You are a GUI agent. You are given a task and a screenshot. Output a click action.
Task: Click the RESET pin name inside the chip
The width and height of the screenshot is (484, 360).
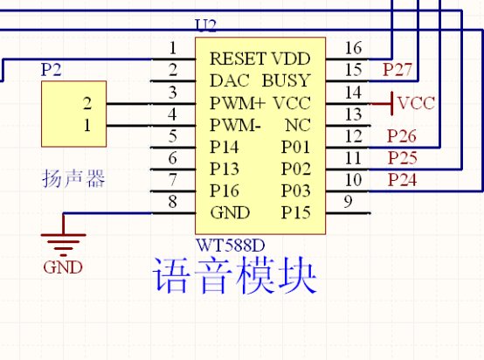click(x=238, y=59)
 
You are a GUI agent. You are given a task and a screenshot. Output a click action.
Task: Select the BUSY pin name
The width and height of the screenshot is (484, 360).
click(x=286, y=80)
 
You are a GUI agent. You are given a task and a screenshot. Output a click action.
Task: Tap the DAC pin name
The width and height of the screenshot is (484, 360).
click(x=230, y=80)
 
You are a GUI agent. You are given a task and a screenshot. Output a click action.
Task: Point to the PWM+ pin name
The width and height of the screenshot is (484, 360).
click(x=238, y=103)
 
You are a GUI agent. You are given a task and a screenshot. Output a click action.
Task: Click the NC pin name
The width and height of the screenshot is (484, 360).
click(x=298, y=125)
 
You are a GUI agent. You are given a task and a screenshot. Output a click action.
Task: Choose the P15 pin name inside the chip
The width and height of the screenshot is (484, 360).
click(x=295, y=212)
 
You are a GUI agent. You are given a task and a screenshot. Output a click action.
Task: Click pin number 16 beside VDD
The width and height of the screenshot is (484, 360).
click(x=353, y=48)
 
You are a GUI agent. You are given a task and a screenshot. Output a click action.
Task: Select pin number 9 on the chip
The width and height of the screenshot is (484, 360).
click(x=348, y=202)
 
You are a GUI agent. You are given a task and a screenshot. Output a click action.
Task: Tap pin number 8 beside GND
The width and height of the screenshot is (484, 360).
click(x=173, y=202)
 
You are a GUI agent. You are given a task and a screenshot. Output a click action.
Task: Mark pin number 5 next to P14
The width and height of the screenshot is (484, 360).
click(x=173, y=136)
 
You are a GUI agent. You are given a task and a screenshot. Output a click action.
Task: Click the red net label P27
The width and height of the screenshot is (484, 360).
click(x=398, y=70)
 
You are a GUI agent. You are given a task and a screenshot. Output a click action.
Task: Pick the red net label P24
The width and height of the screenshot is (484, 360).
click(x=402, y=180)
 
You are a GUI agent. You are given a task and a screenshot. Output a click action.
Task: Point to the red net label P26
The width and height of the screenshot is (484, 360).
click(x=402, y=135)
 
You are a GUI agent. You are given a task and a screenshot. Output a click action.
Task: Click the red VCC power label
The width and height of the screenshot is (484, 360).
click(x=416, y=103)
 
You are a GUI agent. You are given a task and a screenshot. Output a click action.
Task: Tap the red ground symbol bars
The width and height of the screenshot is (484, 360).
click(x=63, y=245)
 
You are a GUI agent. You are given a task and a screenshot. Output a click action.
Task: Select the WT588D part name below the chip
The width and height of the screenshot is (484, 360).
click(x=231, y=246)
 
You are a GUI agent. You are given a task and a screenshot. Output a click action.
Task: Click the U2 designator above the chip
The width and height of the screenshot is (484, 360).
click(x=206, y=26)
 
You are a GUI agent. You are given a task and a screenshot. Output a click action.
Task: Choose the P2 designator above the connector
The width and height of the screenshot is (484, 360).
click(x=52, y=70)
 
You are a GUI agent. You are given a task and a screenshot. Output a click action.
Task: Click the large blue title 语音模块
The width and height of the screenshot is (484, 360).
click(x=235, y=275)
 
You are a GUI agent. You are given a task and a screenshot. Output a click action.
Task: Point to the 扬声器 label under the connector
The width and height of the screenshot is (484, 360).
click(x=73, y=178)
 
